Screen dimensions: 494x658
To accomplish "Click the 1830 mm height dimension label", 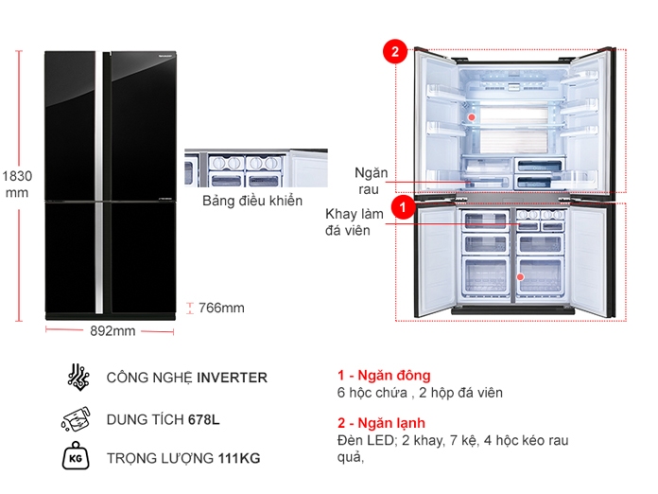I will pos(17,184).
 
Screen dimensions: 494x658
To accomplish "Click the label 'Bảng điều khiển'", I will pos(252,201).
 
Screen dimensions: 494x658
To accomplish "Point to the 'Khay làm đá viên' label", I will pos(355,221).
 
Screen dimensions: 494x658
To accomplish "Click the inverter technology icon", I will pos(78,377).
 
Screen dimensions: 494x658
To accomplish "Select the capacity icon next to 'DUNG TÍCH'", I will pos(78,418).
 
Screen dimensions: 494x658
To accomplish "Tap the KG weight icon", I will pos(78,459).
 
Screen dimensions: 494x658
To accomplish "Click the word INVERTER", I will pos(232,378).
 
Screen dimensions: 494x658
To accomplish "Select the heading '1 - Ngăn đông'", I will pos(383,376).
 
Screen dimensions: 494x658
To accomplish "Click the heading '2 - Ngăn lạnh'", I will pos(381,423).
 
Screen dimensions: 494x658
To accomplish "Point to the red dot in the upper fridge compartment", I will pos(470,117).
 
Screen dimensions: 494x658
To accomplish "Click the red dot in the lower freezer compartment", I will pos(519,277).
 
